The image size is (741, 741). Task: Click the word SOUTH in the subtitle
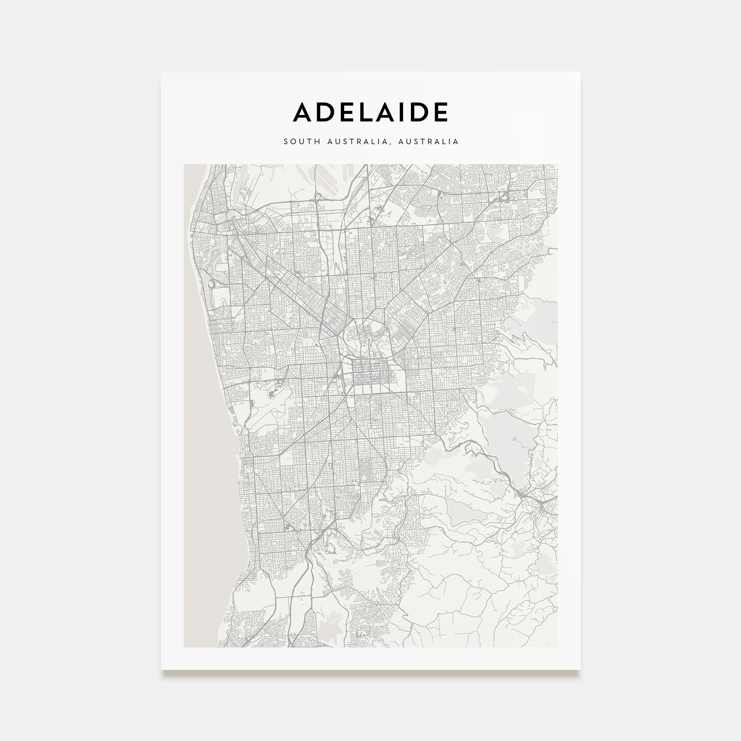[x=296, y=142]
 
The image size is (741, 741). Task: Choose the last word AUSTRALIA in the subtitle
[x=428, y=142]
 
